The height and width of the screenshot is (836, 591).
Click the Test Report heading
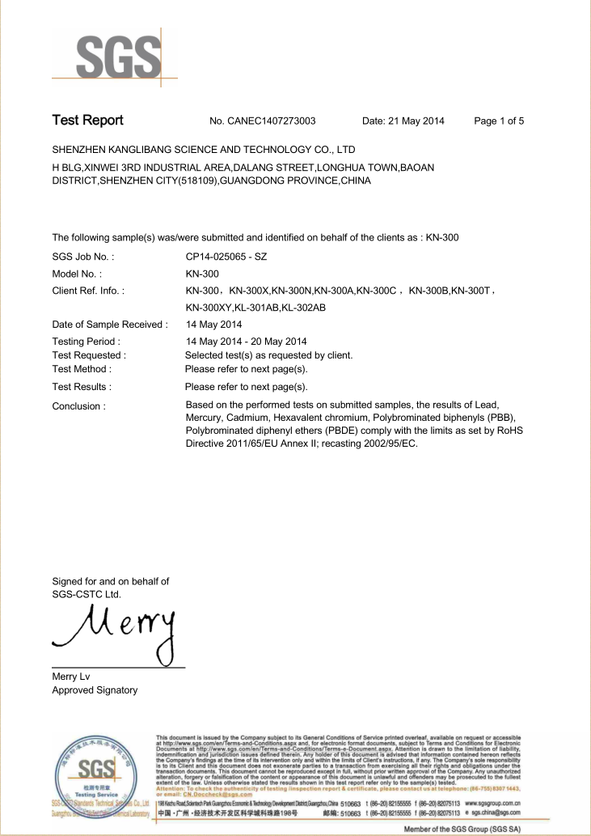point(87,121)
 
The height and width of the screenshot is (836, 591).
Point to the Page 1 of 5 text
point(499,121)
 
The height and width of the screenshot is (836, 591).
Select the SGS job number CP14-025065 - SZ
point(226,257)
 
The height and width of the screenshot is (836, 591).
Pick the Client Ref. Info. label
point(88,291)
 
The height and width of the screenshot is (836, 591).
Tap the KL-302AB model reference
point(304,308)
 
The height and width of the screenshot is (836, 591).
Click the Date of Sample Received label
point(110,325)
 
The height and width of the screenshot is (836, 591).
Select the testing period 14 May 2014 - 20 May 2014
point(246,342)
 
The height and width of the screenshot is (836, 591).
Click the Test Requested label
point(89,355)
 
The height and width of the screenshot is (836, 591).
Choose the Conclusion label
point(78,406)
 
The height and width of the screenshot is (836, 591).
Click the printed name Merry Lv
point(71,677)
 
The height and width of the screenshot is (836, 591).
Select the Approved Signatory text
point(95,690)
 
